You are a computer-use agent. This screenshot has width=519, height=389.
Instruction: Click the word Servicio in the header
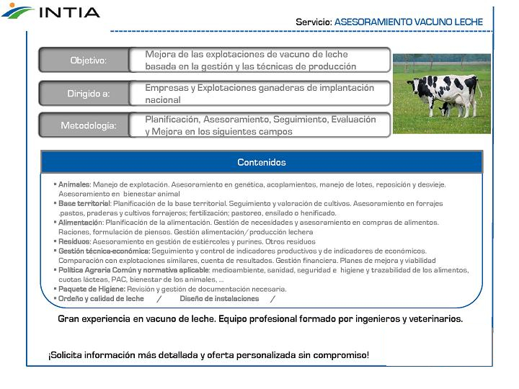pos(313,22)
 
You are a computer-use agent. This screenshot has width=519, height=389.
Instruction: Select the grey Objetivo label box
pos(87,61)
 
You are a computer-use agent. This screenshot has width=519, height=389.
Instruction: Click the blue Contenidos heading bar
pos(262,162)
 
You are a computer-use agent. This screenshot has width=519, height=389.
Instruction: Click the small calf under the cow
pos(447,108)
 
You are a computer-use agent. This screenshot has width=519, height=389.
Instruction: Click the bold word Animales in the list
pos(74,185)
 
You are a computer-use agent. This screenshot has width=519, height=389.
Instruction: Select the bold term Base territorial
pos(84,204)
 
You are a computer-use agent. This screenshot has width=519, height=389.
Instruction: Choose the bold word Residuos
pos(74,242)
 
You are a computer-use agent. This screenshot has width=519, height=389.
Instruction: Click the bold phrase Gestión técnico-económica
pos(104,251)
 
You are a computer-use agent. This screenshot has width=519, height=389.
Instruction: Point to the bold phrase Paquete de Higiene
pos(92,289)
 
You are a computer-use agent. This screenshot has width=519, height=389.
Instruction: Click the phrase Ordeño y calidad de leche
pos(101,298)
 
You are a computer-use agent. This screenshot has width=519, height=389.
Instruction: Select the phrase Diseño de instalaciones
pos(219,298)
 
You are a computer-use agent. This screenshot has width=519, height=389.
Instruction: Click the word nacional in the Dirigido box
pos(163,100)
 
